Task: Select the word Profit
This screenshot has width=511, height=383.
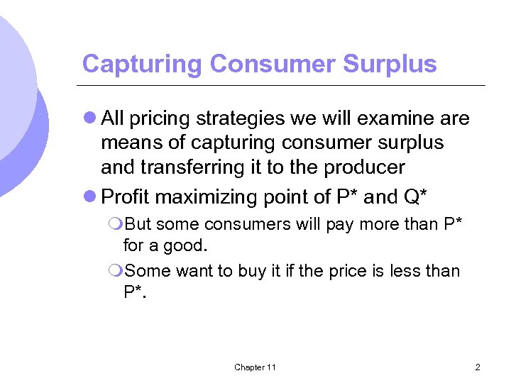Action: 126,196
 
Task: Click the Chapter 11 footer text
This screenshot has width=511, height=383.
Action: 255,367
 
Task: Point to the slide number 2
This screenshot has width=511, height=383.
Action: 478,367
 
